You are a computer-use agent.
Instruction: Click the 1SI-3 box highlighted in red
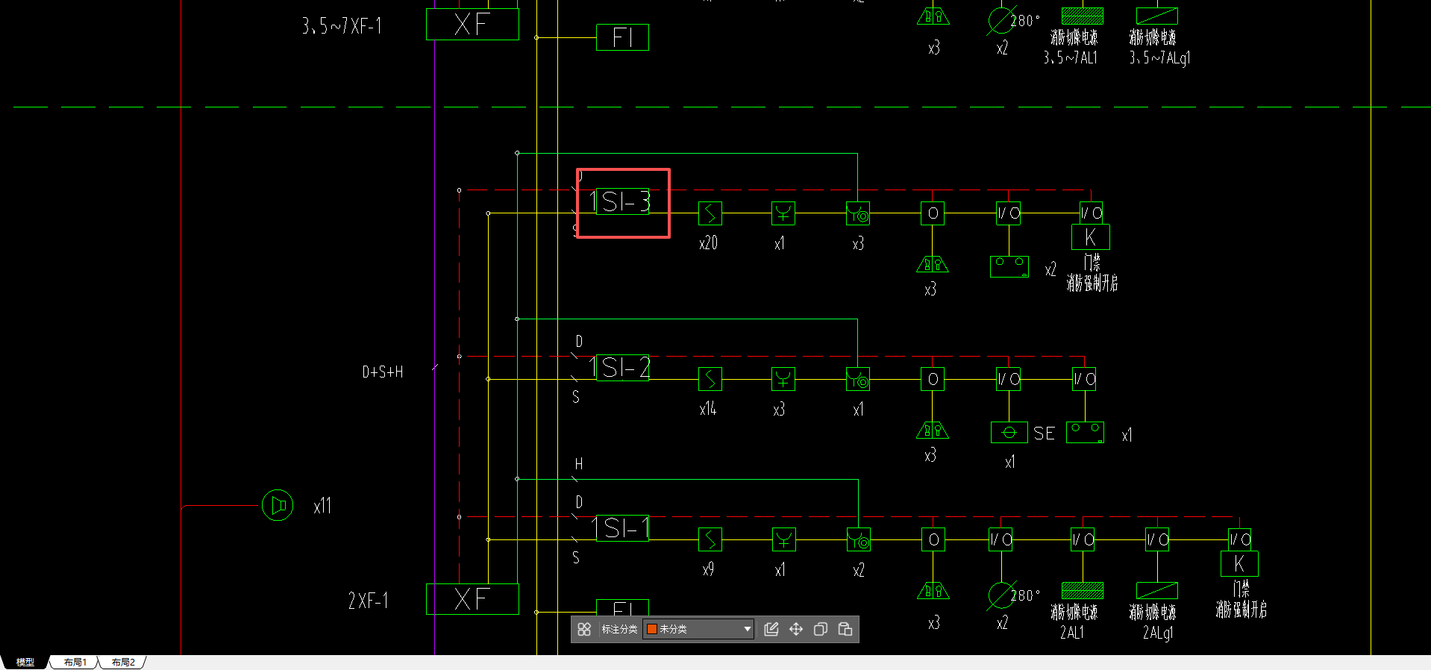coord(622,203)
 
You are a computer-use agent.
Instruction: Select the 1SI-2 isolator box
coord(622,368)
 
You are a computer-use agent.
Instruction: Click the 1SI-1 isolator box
coord(622,528)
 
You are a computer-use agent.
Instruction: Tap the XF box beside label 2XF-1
coord(472,599)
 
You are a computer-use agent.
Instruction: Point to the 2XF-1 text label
coord(368,601)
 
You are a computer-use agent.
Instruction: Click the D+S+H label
coord(383,372)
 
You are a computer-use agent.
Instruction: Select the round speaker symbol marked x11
coord(278,506)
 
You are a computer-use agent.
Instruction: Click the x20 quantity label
coord(708,243)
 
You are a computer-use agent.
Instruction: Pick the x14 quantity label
coord(707,409)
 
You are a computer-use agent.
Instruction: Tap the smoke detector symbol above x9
coord(710,539)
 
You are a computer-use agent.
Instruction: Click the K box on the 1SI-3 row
coord(1090,237)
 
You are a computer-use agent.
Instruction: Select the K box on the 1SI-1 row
coord(1239,564)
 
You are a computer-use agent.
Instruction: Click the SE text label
coord(1044,433)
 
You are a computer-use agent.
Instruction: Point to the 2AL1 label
coord(1071,633)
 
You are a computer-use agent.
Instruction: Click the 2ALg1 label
coord(1157,633)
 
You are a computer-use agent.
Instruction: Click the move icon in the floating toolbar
coord(796,629)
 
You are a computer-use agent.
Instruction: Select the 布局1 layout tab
coord(75,663)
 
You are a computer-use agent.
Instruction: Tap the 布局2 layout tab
coord(123,663)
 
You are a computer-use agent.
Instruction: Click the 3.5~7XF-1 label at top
coord(342,27)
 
